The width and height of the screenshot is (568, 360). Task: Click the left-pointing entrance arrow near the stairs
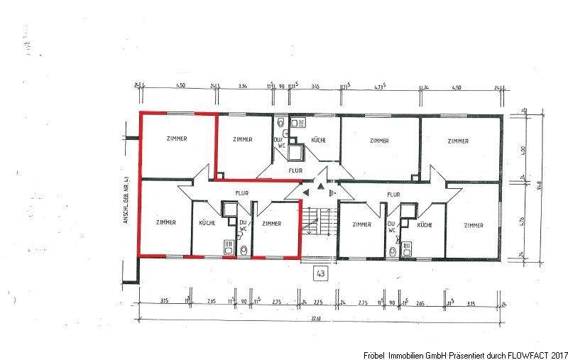pyautogui.click(x=305, y=192)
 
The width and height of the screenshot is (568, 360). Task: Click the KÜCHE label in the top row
pyautogui.click(x=319, y=140)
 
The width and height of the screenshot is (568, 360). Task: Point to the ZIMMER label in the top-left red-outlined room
pyautogui.click(x=177, y=138)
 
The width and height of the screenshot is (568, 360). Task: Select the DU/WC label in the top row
pyautogui.click(x=278, y=143)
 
